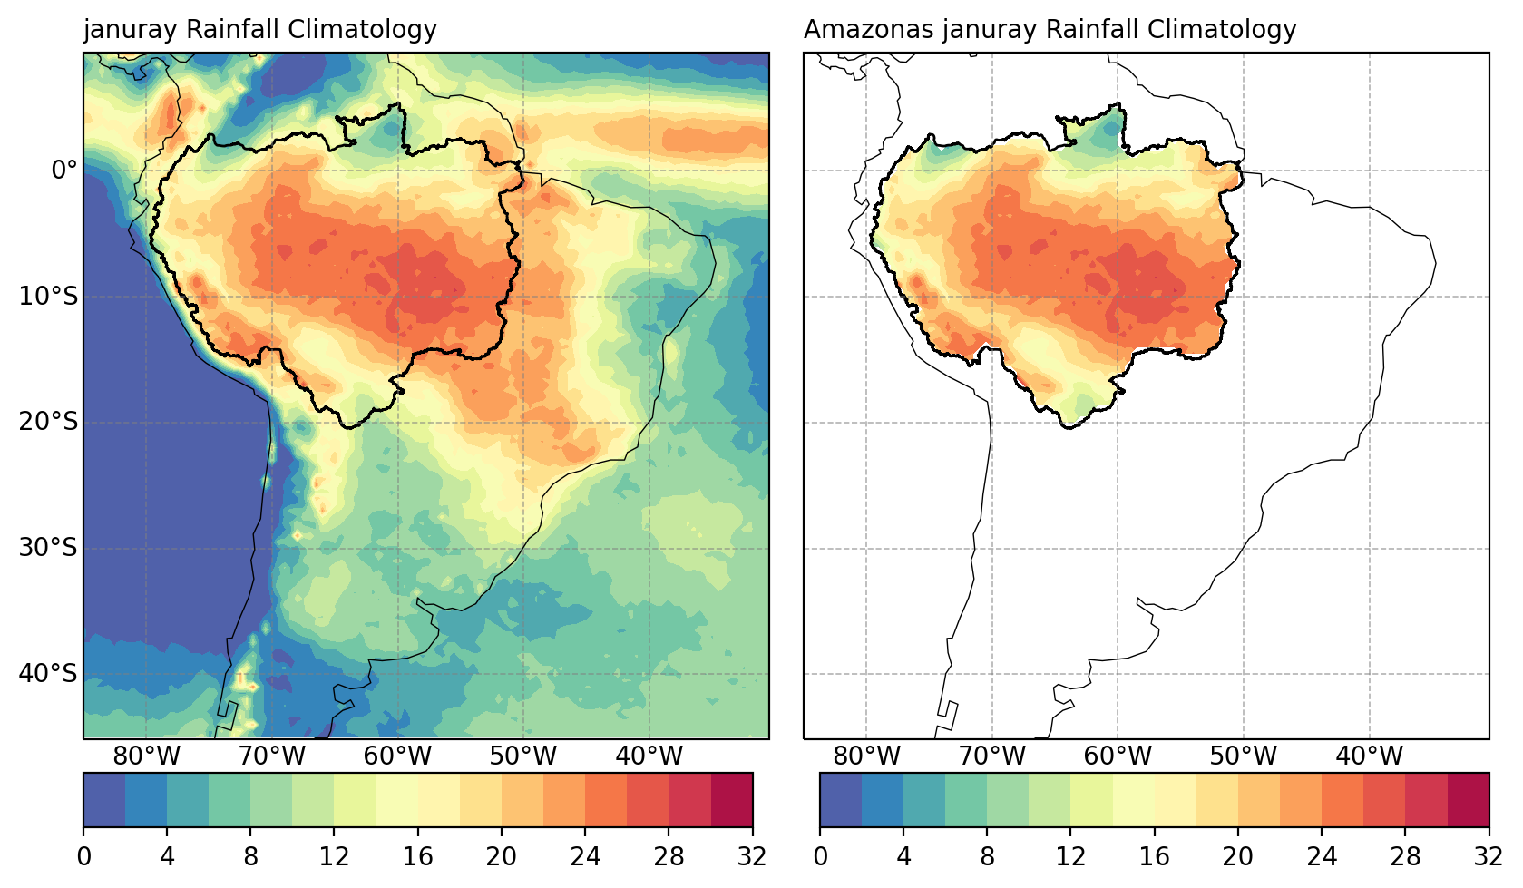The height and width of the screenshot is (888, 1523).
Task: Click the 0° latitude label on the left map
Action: (x=64, y=171)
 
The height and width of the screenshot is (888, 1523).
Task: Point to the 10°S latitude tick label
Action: (x=48, y=297)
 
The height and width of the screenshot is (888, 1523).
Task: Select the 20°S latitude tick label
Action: (x=48, y=423)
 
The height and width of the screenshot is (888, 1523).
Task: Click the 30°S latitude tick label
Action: (x=48, y=548)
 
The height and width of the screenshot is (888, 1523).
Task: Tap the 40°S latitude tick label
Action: (x=48, y=674)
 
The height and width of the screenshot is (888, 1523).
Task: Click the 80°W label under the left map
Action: (x=146, y=756)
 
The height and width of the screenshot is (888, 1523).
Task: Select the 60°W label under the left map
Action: (x=397, y=756)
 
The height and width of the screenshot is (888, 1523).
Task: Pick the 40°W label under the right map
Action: (x=1369, y=756)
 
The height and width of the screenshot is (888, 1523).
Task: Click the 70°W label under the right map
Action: (x=991, y=756)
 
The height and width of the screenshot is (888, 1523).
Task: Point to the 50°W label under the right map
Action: (x=1243, y=756)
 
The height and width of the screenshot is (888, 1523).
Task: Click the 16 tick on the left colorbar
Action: (x=418, y=856)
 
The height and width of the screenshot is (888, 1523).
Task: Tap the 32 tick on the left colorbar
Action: (x=752, y=856)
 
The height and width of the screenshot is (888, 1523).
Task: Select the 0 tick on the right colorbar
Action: (x=820, y=856)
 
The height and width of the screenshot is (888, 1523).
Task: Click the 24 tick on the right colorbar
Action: (x=1322, y=856)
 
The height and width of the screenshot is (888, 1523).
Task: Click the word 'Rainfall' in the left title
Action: (x=233, y=30)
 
